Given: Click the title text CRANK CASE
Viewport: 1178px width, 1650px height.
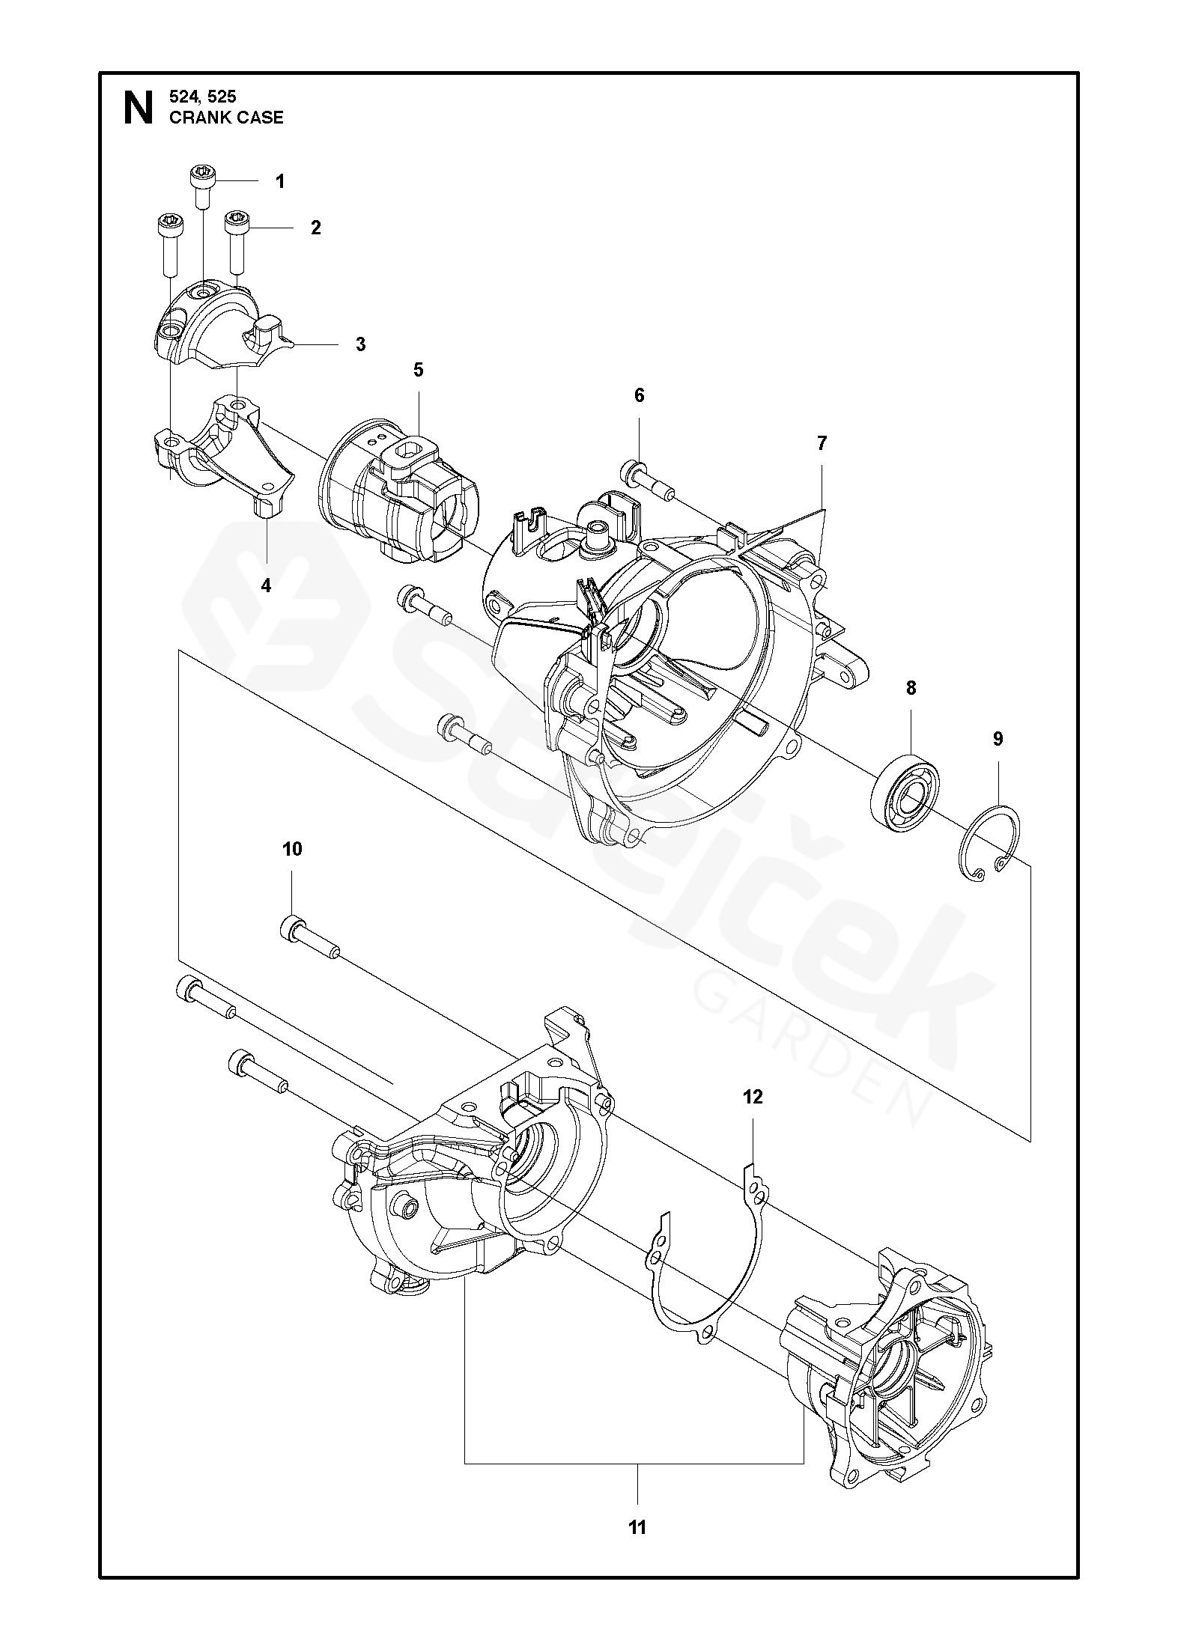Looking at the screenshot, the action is point(227,118).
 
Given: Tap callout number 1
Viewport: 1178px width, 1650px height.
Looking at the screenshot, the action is point(280,181).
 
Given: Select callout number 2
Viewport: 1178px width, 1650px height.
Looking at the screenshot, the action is point(315,228).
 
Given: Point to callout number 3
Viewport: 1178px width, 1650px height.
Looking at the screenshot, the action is point(360,344).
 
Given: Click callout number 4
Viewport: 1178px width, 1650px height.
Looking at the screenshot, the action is point(266,585).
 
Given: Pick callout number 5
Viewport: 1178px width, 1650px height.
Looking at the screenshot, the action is point(418,369).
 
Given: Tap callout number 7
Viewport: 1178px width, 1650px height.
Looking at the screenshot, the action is point(822,443).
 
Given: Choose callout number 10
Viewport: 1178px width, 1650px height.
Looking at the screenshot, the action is point(292,848).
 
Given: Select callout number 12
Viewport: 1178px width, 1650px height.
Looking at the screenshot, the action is point(753,1097).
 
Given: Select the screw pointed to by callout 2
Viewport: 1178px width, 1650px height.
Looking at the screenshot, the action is point(237,242).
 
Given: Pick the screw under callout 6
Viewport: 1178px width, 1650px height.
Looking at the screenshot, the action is point(648,481).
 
